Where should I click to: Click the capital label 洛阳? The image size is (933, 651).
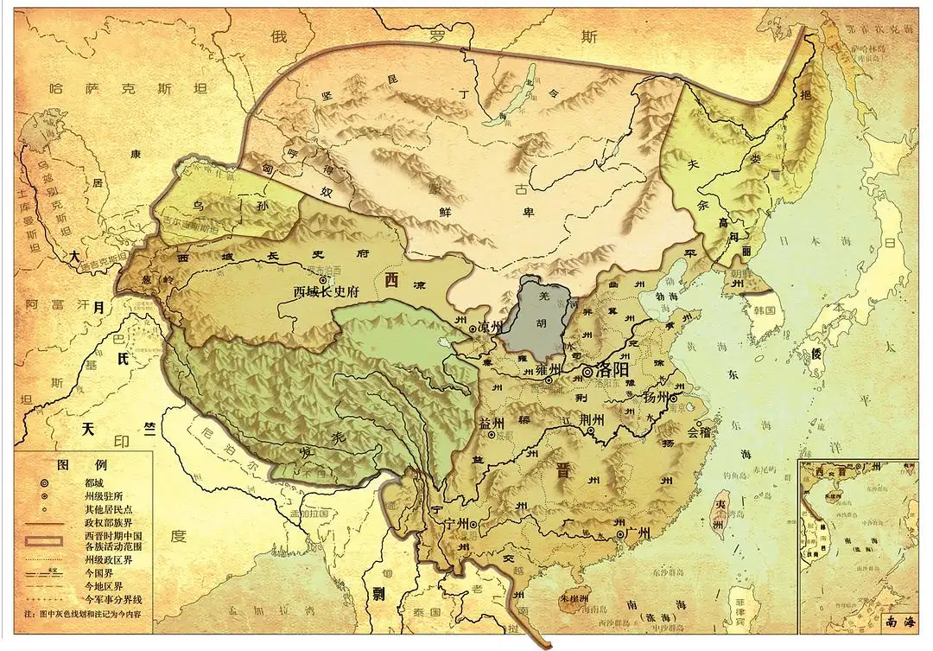(x=613, y=371)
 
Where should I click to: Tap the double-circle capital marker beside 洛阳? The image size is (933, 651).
(x=589, y=372)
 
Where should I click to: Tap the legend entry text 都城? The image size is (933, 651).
(x=97, y=483)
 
